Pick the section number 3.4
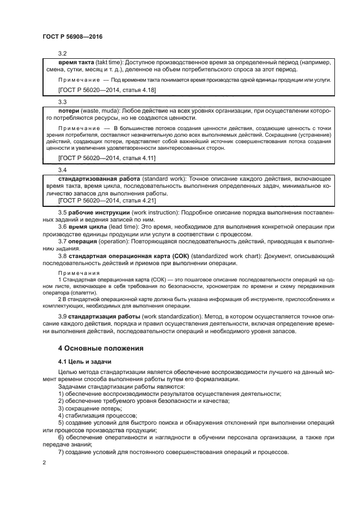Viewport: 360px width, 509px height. click(62, 170)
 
